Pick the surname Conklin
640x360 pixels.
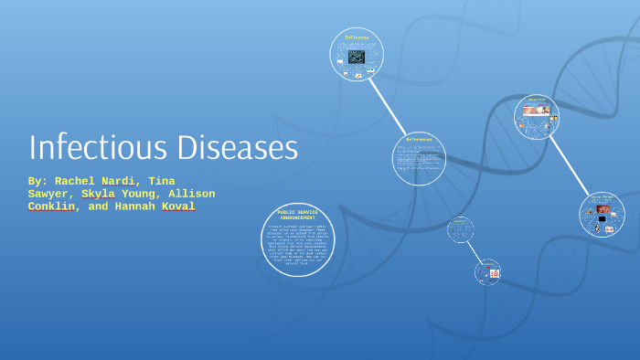point(53,206)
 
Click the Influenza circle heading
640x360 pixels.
point(356,37)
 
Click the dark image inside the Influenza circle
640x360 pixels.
point(356,57)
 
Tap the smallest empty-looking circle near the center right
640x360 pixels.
point(460,228)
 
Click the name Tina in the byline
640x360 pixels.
point(162,181)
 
